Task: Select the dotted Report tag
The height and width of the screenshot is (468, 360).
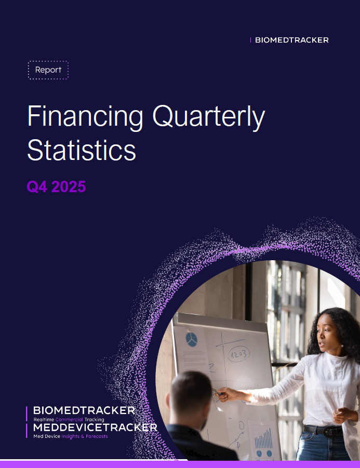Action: [x=48, y=70]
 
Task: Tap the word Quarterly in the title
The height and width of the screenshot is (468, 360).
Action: [x=209, y=117]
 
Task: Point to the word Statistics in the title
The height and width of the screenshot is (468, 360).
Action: [x=82, y=150]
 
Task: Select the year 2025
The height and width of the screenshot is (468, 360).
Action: [x=69, y=187]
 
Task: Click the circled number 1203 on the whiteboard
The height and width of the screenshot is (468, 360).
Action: [x=239, y=354]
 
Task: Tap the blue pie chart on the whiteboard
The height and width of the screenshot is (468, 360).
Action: [x=191, y=340]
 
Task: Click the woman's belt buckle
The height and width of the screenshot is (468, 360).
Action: [x=330, y=432]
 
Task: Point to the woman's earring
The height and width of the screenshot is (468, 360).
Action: [x=342, y=346]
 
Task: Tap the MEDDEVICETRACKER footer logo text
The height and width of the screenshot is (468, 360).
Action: [x=95, y=427]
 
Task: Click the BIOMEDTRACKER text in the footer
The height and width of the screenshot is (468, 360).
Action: [x=84, y=410]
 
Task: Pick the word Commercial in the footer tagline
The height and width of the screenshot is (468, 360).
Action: [x=69, y=419]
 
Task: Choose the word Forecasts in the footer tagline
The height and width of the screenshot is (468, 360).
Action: [x=97, y=436]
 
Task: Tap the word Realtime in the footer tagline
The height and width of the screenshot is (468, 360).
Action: [x=44, y=419]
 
